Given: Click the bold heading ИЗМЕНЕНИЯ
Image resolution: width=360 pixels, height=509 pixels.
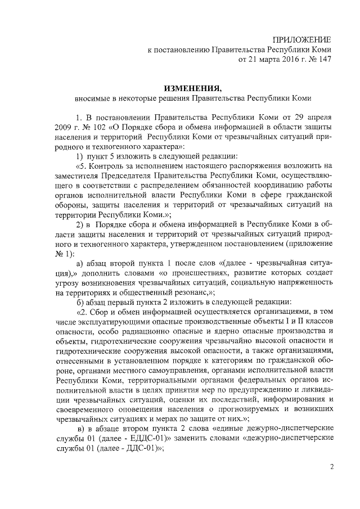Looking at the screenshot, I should click(193, 88).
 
